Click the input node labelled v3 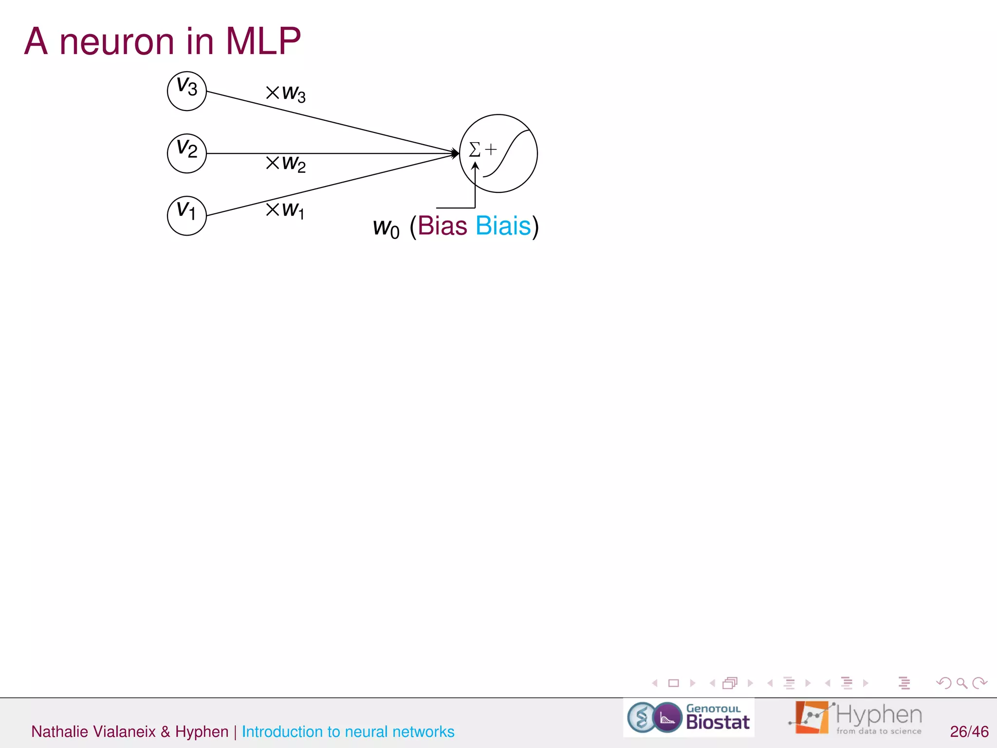click(x=187, y=91)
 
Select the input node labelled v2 click(x=187, y=153)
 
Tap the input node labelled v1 click(x=187, y=216)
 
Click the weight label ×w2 click(x=286, y=163)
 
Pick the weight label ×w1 click(x=285, y=210)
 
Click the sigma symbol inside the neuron click(x=475, y=149)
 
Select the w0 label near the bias click(x=386, y=227)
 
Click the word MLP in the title click(x=263, y=41)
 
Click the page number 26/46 click(x=969, y=731)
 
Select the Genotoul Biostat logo click(x=689, y=717)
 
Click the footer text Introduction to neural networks click(x=348, y=731)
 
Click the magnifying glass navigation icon click(x=961, y=683)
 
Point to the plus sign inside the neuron click(x=491, y=149)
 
